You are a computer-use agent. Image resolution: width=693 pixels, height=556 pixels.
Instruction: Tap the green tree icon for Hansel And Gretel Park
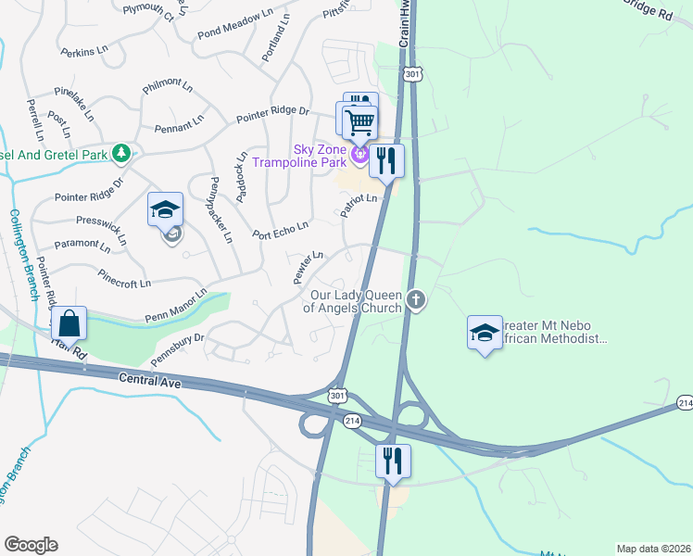(120, 152)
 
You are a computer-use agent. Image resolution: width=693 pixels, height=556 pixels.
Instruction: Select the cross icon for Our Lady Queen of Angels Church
(417, 299)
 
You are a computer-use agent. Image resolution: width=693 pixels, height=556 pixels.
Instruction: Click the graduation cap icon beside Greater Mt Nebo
(485, 333)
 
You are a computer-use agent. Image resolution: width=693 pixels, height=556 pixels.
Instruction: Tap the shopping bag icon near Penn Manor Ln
(69, 323)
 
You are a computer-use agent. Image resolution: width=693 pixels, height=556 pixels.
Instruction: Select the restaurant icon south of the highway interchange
(393, 461)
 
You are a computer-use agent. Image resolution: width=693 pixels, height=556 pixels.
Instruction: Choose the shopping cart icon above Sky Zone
(359, 121)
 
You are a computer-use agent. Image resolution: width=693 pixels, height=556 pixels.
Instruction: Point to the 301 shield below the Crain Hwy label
(412, 72)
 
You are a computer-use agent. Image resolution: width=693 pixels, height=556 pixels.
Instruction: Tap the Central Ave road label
(148, 378)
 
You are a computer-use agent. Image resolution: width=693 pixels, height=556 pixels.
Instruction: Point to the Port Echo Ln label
(280, 230)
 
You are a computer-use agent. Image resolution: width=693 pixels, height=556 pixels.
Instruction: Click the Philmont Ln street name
(167, 87)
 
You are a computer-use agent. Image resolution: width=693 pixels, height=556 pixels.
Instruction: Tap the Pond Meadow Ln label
(234, 23)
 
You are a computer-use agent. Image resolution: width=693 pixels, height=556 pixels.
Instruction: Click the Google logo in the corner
(31, 545)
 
